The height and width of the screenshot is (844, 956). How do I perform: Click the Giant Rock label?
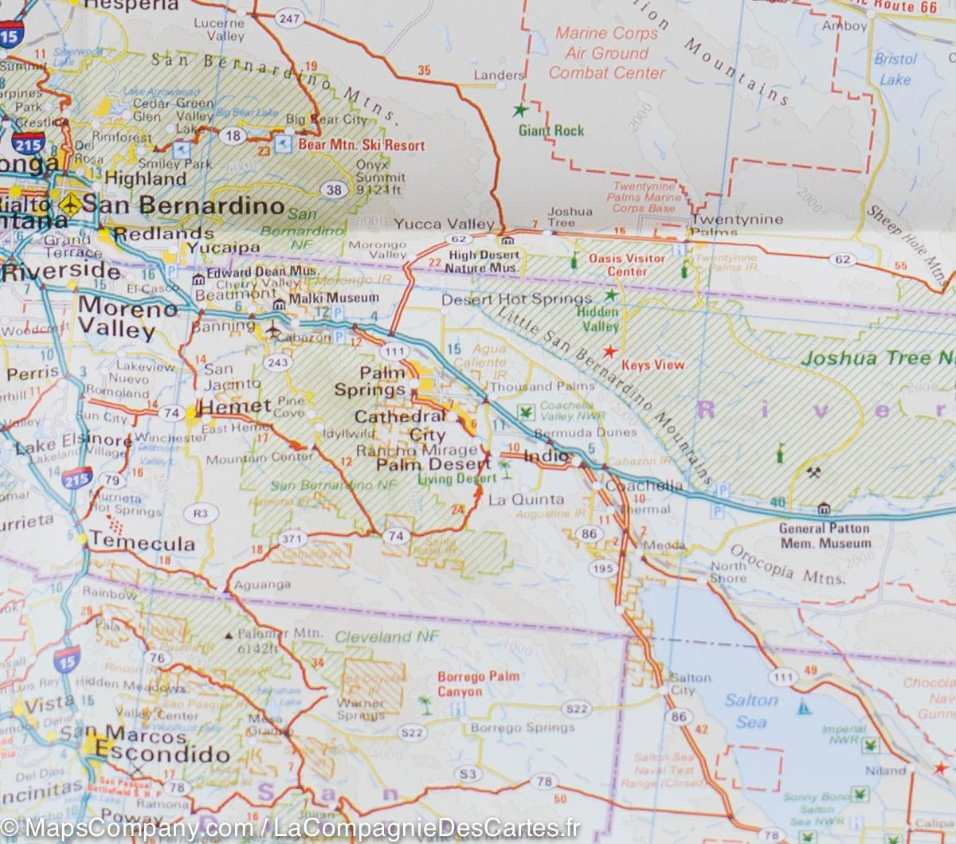pyautogui.click(x=551, y=131)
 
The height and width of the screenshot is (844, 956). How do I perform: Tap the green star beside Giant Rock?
pyautogui.click(x=520, y=109)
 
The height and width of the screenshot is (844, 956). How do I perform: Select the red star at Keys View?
pyautogui.click(x=609, y=351)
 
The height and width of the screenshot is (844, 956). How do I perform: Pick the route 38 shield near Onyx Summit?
pyautogui.click(x=335, y=190)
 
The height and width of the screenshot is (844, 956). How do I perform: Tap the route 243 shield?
pyautogui.click(x=279, y=363)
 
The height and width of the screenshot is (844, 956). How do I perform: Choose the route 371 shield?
pyautogui.click(x=292, y=539)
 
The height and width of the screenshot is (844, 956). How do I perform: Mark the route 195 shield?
pyautogui.click(x=603, y=567)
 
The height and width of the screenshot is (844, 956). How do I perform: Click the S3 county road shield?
pyautogui.click(x=468, y=774)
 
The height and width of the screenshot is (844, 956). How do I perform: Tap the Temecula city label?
pyautogui.click(x=142, y=542)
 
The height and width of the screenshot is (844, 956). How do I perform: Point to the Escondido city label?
pyautogui.click(x=162, y=753)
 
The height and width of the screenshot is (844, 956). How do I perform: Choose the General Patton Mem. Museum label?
pyautogui.click(x=825, y=535)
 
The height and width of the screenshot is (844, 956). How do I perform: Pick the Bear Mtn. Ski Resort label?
pyautogui.click(x=361, y=146)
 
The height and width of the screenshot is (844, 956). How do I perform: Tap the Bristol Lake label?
pyautogui.click(x=895, y=69)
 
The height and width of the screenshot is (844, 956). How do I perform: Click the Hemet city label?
pyautogui.click(x=234, y=407)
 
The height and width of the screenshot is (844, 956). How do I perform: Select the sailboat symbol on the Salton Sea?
pyautogui.click(x=805, y=707)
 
